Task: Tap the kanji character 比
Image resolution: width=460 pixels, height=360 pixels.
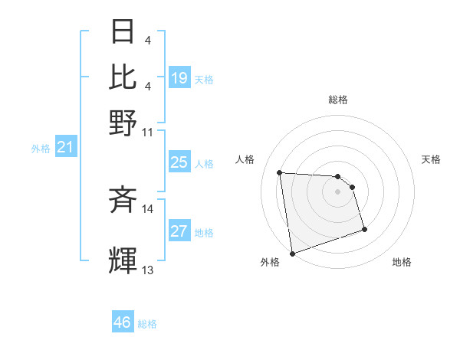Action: pos(123,77)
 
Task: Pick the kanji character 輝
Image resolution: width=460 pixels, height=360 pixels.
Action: pos(123,260)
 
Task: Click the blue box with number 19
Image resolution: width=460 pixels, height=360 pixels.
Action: pos(179,78)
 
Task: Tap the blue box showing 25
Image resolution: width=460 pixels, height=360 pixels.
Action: pos(179,162)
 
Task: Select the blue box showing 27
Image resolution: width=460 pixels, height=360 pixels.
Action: pos(179,231)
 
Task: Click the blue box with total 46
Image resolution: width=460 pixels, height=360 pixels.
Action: pos(123,322)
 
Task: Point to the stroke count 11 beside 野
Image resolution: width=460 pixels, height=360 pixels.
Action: pos(147,131)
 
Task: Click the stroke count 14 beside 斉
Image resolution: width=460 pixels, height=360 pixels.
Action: pos(147,208)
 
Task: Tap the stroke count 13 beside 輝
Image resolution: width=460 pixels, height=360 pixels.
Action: pos(147,270)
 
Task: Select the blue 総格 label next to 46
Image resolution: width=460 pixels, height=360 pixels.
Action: pos(147,324)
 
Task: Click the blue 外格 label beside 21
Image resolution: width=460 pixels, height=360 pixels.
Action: pos(41,149)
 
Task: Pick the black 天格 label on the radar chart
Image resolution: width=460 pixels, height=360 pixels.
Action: pos(431,159)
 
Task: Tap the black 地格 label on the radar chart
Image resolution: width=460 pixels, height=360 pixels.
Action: pos(402,262)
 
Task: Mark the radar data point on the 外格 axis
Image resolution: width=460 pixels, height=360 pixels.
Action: pos(292,253)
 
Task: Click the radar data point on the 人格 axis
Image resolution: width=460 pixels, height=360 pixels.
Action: pos(280,172)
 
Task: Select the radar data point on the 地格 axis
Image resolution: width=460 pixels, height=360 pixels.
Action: pos(364,229)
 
